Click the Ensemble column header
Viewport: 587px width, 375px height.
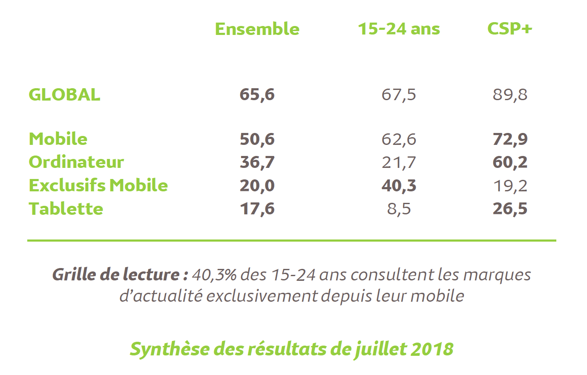(257, 29)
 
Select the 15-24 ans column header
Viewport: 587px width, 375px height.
(399, 29)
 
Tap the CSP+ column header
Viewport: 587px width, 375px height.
(509, 29)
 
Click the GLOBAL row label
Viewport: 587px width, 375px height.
(64, 95)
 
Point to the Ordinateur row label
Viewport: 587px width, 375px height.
(76, 162)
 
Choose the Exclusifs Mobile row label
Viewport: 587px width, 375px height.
(98, 185)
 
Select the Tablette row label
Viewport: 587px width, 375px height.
(66, 209)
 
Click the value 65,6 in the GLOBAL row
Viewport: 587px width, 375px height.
(257, 95)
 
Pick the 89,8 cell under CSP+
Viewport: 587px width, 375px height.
(510, 95)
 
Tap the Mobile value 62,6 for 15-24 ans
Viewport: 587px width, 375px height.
(399, 139)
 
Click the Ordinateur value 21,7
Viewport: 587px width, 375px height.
(399, 162)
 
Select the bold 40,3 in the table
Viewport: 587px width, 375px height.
(399, 186)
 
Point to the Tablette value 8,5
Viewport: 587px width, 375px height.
(399, 209)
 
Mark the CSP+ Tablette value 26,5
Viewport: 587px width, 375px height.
(510, 209)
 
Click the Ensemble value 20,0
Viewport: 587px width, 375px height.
(257, 186)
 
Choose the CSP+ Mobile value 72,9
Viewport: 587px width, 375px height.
(510, 139)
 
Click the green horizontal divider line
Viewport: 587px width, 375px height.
(292, 240)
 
